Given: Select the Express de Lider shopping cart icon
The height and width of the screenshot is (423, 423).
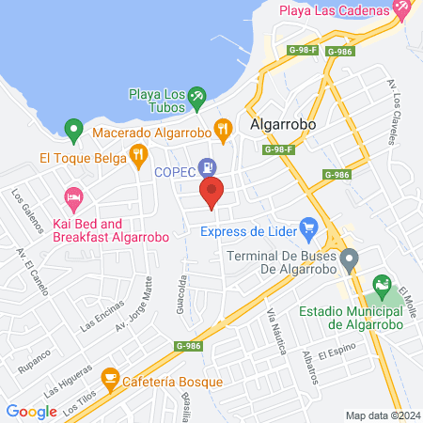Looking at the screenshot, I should tap(307, 227).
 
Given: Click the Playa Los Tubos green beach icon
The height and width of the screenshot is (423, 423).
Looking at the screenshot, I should tap(196, 95).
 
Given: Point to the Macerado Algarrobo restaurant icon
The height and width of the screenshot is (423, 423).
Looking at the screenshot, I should tap(223, 131).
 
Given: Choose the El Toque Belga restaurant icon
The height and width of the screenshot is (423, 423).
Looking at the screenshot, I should tap(139, 154).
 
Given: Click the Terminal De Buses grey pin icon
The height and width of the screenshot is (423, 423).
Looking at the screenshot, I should tap(349, 258).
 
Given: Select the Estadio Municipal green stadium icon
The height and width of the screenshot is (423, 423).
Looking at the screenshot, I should tap(382, 283).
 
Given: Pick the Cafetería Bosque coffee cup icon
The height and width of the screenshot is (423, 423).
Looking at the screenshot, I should tap(110, 381).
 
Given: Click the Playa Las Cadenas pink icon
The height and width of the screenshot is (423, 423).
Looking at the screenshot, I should tap(401, 10).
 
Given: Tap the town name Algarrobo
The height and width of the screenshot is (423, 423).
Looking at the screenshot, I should tap(283, 124).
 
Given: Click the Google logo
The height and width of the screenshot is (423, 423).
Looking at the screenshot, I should tap(31, 411).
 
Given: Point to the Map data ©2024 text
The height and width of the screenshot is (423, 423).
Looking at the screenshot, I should tap(381, 415).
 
